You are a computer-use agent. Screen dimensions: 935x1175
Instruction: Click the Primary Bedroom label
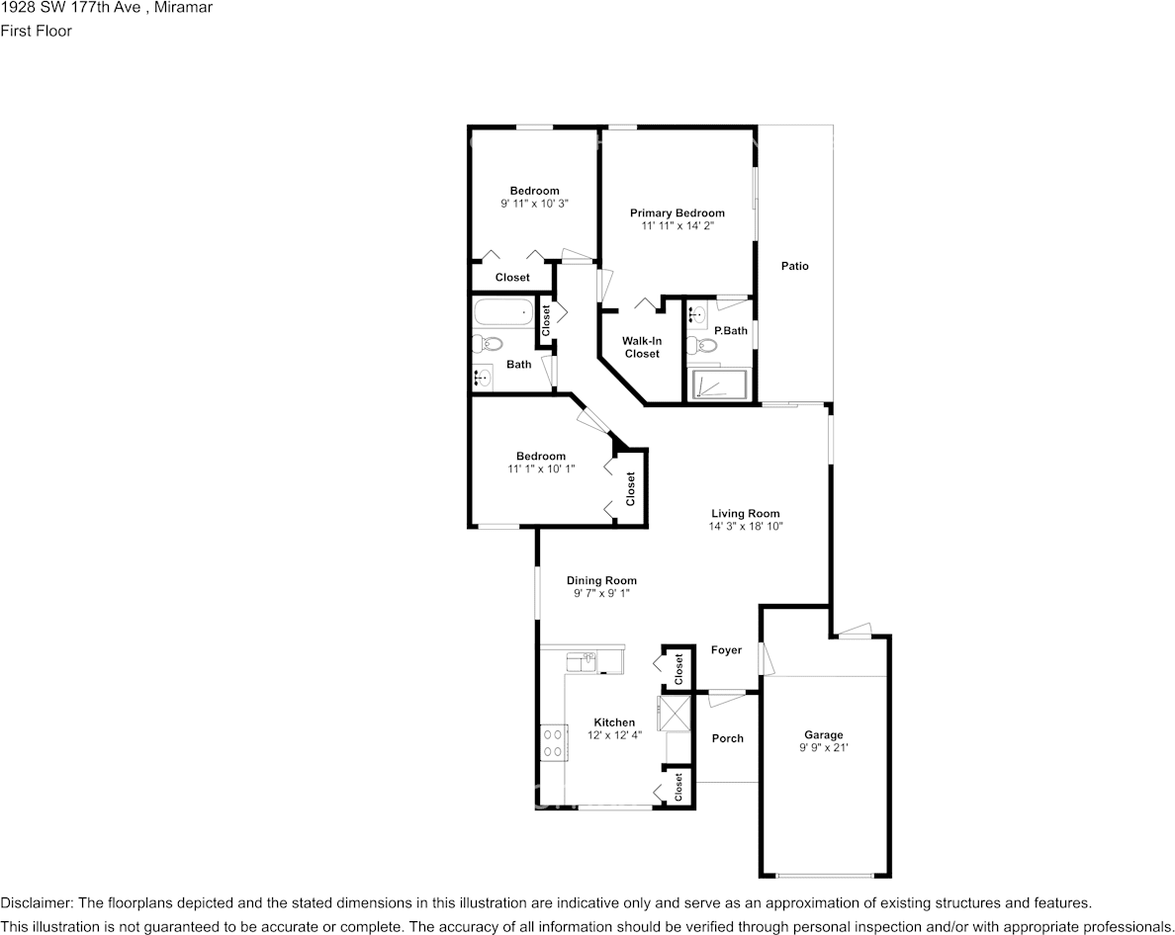click(x=677, y=212)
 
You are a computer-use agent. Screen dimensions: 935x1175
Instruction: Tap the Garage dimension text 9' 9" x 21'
click(x=823, y=748)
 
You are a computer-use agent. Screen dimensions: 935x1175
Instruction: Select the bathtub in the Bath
click(x=503, y=313)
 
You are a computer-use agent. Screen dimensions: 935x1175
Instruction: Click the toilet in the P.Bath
click(x=704, y=345)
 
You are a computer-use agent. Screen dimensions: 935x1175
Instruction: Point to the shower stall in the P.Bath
click(x=719, y=384)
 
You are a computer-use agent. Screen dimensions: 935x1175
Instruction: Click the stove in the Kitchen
click(x=553, y=742)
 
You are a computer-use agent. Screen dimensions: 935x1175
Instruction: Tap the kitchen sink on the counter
click(x=580, y=659)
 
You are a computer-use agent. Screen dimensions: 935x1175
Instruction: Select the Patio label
click(x=794, y=266)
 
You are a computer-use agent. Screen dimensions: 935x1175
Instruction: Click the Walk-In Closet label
click(x=641, y=347)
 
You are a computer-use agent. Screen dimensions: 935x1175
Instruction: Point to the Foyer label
click(x=726, y=649)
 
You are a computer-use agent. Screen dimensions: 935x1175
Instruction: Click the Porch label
click(x=727, y=738)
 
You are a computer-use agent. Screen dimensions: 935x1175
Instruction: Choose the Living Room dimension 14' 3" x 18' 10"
click(x=745, y=527)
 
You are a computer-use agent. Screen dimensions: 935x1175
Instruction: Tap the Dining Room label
click(x=601, y=580)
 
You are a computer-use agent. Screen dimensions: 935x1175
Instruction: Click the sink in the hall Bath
click(x=484, y=378)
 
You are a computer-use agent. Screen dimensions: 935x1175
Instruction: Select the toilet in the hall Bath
click(x=488, y=344)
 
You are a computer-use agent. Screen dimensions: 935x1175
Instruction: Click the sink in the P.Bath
click(x=697, y=315)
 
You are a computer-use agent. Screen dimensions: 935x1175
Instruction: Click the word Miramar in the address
click(x=184, y=8)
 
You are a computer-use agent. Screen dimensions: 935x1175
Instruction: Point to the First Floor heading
click(x=36, y=31)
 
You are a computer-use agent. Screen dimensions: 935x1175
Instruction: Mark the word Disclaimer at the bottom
click(x=36, y=902)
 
